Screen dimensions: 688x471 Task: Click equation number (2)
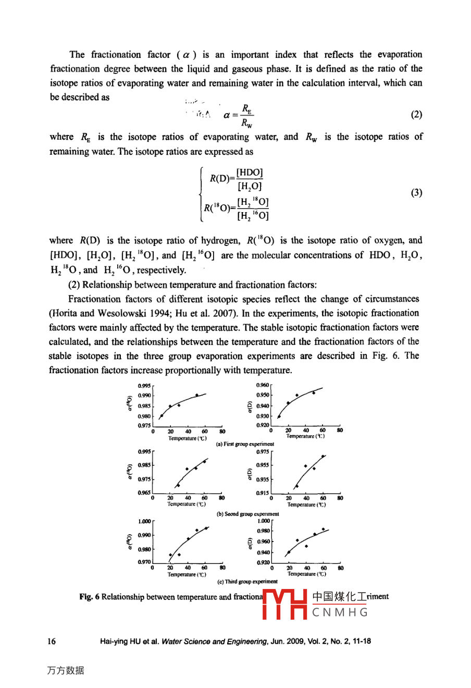416,115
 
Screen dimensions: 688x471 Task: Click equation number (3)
416,193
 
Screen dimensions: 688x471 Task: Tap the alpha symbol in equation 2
227,115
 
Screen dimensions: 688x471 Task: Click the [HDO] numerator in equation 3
250,173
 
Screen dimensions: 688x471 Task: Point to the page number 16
52,641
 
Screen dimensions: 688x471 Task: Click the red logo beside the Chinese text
284,604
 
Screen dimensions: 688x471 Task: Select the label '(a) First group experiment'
245,444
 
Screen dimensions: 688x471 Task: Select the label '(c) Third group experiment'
247,582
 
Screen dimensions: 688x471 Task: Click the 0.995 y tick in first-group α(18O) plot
144,386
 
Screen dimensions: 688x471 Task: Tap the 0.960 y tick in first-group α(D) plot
263,385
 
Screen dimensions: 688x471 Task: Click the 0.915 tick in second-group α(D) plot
263,493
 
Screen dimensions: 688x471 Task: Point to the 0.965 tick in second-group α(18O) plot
144,493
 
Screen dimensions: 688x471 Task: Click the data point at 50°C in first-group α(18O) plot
196,395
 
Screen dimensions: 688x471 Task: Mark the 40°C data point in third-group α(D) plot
306,546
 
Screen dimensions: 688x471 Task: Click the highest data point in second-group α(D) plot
324,456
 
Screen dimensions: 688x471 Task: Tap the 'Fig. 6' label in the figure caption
89,597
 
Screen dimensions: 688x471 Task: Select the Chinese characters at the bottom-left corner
65,671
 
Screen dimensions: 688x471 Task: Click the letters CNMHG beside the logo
340,612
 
